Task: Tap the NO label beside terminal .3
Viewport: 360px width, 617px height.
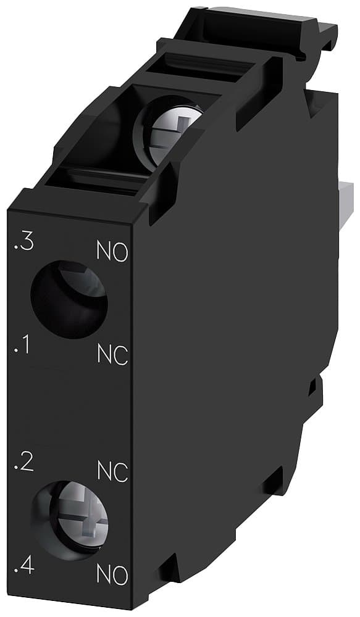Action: click(112, 252)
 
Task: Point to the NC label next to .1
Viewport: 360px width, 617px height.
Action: click(112, 355)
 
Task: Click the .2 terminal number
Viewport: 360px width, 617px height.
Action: click(23, 463)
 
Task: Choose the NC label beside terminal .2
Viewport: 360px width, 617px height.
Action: click(112, 471)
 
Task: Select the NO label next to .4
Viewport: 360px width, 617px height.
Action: click(112, 575)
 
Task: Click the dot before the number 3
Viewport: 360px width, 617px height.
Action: click(15, 249)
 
